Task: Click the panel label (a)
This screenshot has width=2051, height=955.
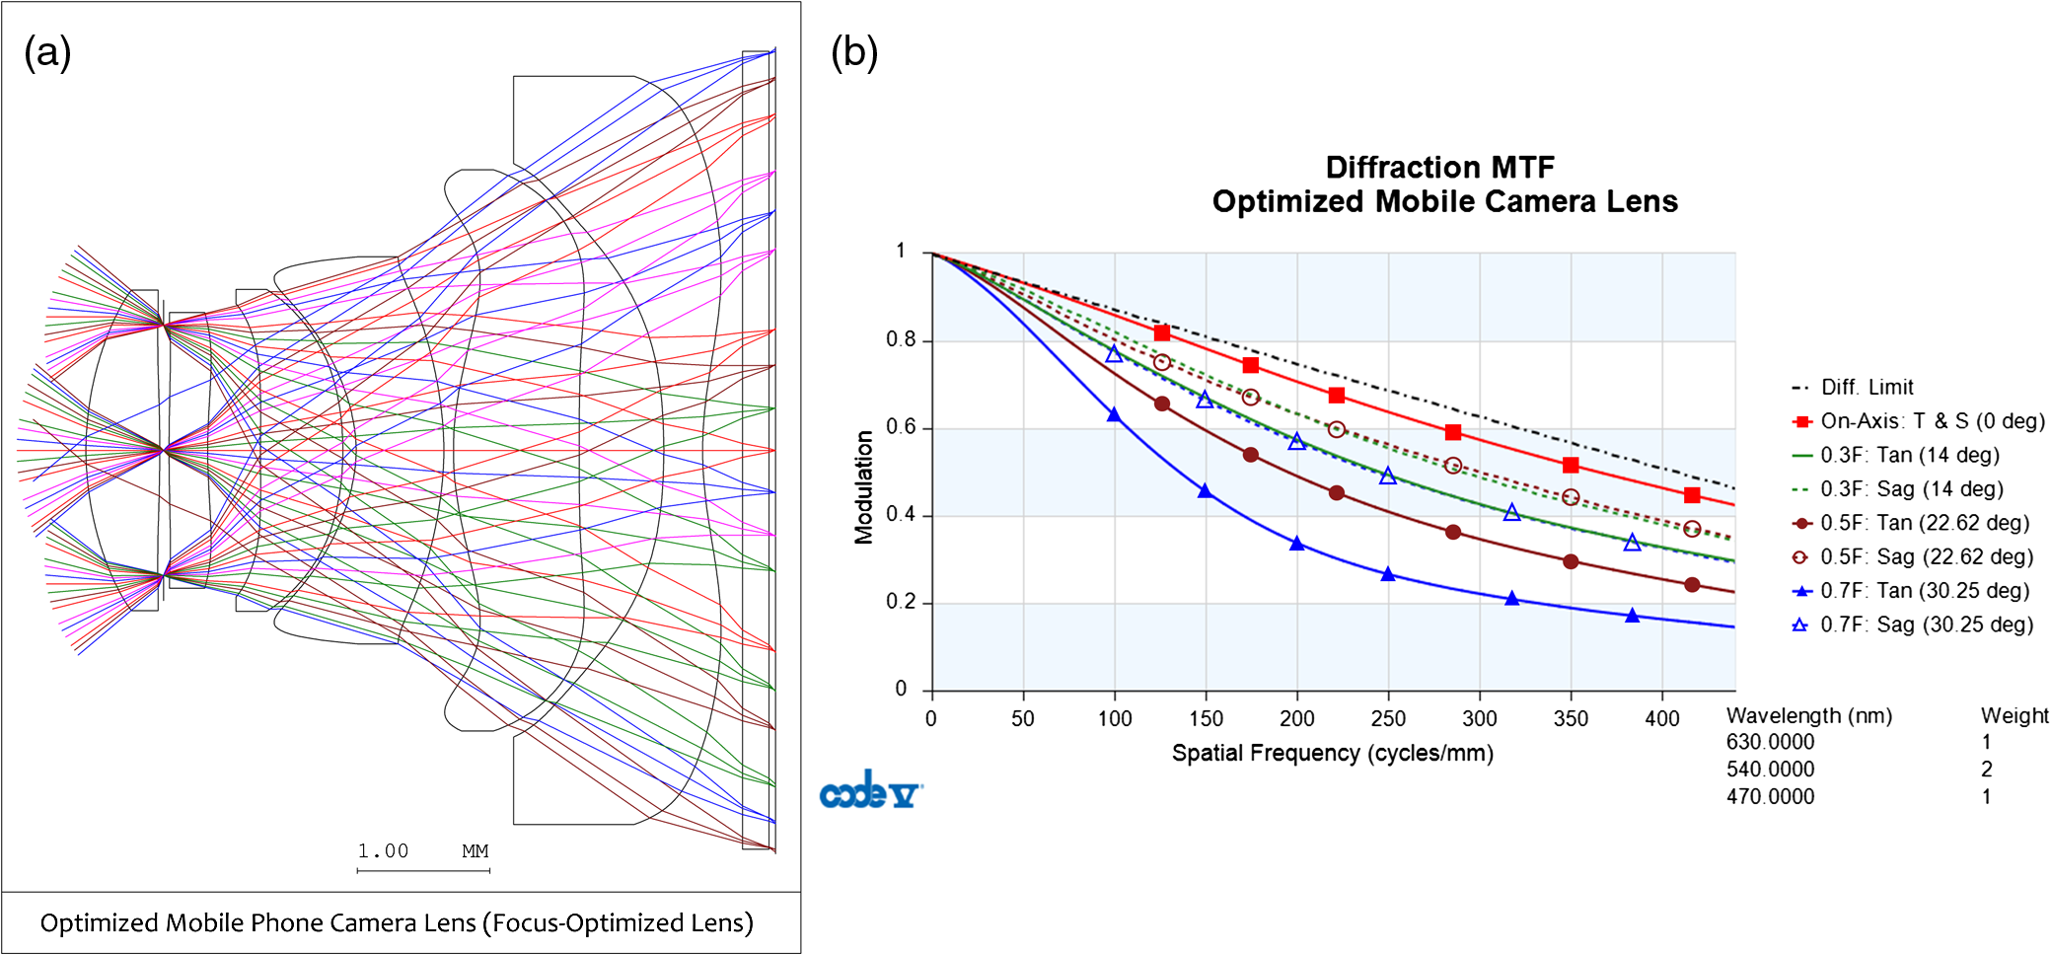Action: (x=47, y=51)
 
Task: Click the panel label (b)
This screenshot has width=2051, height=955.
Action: (x=854, y=51)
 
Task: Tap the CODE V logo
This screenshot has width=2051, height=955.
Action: (x=870, y=790)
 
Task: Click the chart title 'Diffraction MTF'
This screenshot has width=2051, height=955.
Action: (x=1439, y=167)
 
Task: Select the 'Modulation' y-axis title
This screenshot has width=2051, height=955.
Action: (x=864, y=486)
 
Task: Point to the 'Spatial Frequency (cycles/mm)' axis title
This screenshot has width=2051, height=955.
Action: (x=1332, y=753)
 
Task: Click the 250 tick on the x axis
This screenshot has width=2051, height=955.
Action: (x=1388, y=718)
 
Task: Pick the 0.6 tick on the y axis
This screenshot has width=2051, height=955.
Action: (x=900, y=427)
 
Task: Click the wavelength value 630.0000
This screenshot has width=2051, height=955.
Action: (x=1770, y=742)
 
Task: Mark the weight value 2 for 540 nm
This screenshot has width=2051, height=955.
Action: (x=1986, y=770)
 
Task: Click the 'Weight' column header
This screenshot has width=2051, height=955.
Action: (x=2014, y=715)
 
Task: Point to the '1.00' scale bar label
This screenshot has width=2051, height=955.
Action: (x=383, y=850)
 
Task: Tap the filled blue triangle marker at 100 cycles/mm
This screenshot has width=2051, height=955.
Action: (x=1114, y=414)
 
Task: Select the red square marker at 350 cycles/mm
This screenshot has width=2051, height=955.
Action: (x=1571, y=465)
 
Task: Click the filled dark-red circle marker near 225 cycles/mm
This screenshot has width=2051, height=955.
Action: (x=1337, y=492)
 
